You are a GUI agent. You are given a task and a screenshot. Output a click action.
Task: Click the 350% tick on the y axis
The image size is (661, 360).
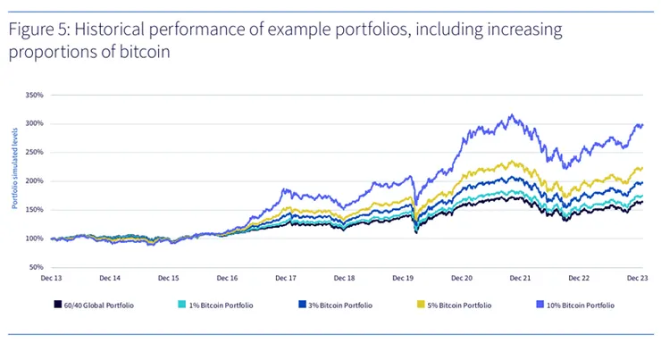[x=33, y=94]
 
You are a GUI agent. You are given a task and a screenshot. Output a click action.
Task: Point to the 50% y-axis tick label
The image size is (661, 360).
[x=35, y=267]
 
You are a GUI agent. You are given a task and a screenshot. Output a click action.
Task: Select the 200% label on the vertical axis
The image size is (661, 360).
[x=33, y=180]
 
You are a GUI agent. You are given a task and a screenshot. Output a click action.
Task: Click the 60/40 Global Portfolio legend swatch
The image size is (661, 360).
[x=56, y=306]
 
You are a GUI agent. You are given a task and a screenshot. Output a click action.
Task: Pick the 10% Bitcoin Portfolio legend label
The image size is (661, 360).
[x=582, y=306]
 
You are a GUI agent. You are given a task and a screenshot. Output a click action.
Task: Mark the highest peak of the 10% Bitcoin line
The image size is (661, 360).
[x=510, y=114]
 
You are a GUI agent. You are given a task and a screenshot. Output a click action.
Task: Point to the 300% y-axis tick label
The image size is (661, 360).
[x=33, y=123]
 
